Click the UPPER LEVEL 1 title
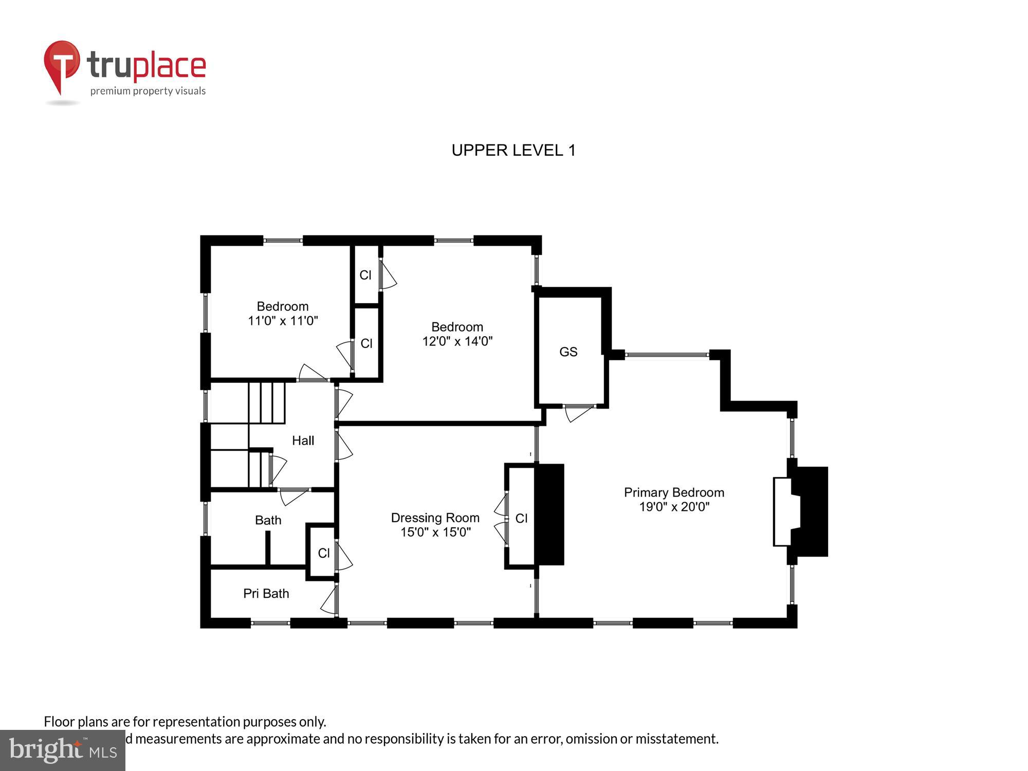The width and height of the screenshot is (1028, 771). click(513, 150)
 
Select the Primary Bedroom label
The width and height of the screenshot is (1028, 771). click(674, 492)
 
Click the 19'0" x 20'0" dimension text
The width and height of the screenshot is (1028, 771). click(674, 507)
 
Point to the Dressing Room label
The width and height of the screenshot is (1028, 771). click(435, 518)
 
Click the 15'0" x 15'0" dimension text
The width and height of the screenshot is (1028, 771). click(435, 532)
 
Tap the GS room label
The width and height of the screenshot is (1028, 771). click(568, 352)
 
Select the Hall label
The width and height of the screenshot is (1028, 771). click(303, 440)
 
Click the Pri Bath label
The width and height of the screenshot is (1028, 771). click(266, 594)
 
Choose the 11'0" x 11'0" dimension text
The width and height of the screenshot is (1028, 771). click(283, 321)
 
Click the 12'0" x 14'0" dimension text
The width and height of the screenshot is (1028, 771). click(457, 341)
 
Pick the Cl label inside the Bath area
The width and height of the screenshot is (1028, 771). click(323, 553)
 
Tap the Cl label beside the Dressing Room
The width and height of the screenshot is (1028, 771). click(521, 518)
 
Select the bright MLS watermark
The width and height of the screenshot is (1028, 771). click(63, 750)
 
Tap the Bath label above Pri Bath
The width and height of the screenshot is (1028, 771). click(268, 520)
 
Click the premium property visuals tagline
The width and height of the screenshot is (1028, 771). click(148, 91)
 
